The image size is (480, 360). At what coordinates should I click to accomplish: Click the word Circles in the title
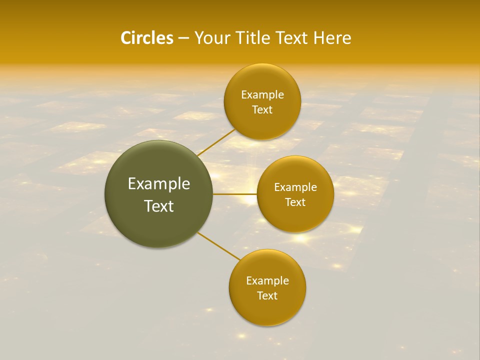click(x=146, y=38)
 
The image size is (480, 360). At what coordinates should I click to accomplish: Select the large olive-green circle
click(x=159, y=194)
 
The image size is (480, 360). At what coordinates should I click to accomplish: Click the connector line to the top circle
click(x=216, y=142)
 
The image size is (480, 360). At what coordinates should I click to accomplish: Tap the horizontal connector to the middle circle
click(x=235, y=194)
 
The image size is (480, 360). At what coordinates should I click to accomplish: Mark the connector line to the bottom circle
click(x=218, y=246)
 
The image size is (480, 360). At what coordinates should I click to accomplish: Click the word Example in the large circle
click(x=159, y=184)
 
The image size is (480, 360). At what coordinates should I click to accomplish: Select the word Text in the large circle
click(x=159, y=206)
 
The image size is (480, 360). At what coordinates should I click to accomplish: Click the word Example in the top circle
click(x=262, y=95)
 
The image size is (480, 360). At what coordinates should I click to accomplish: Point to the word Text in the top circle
click(x=262, y=110)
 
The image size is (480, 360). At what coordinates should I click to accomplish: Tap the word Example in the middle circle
click(x=295, y=187)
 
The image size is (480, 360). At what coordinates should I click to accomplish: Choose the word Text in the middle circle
click(x=295, y=202)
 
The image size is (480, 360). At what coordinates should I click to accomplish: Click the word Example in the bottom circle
click(x=267, y=281)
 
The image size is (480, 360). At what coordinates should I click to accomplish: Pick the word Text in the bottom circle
click(x=267, y=295)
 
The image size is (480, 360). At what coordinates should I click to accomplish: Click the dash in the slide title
click(x=183, y=38)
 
